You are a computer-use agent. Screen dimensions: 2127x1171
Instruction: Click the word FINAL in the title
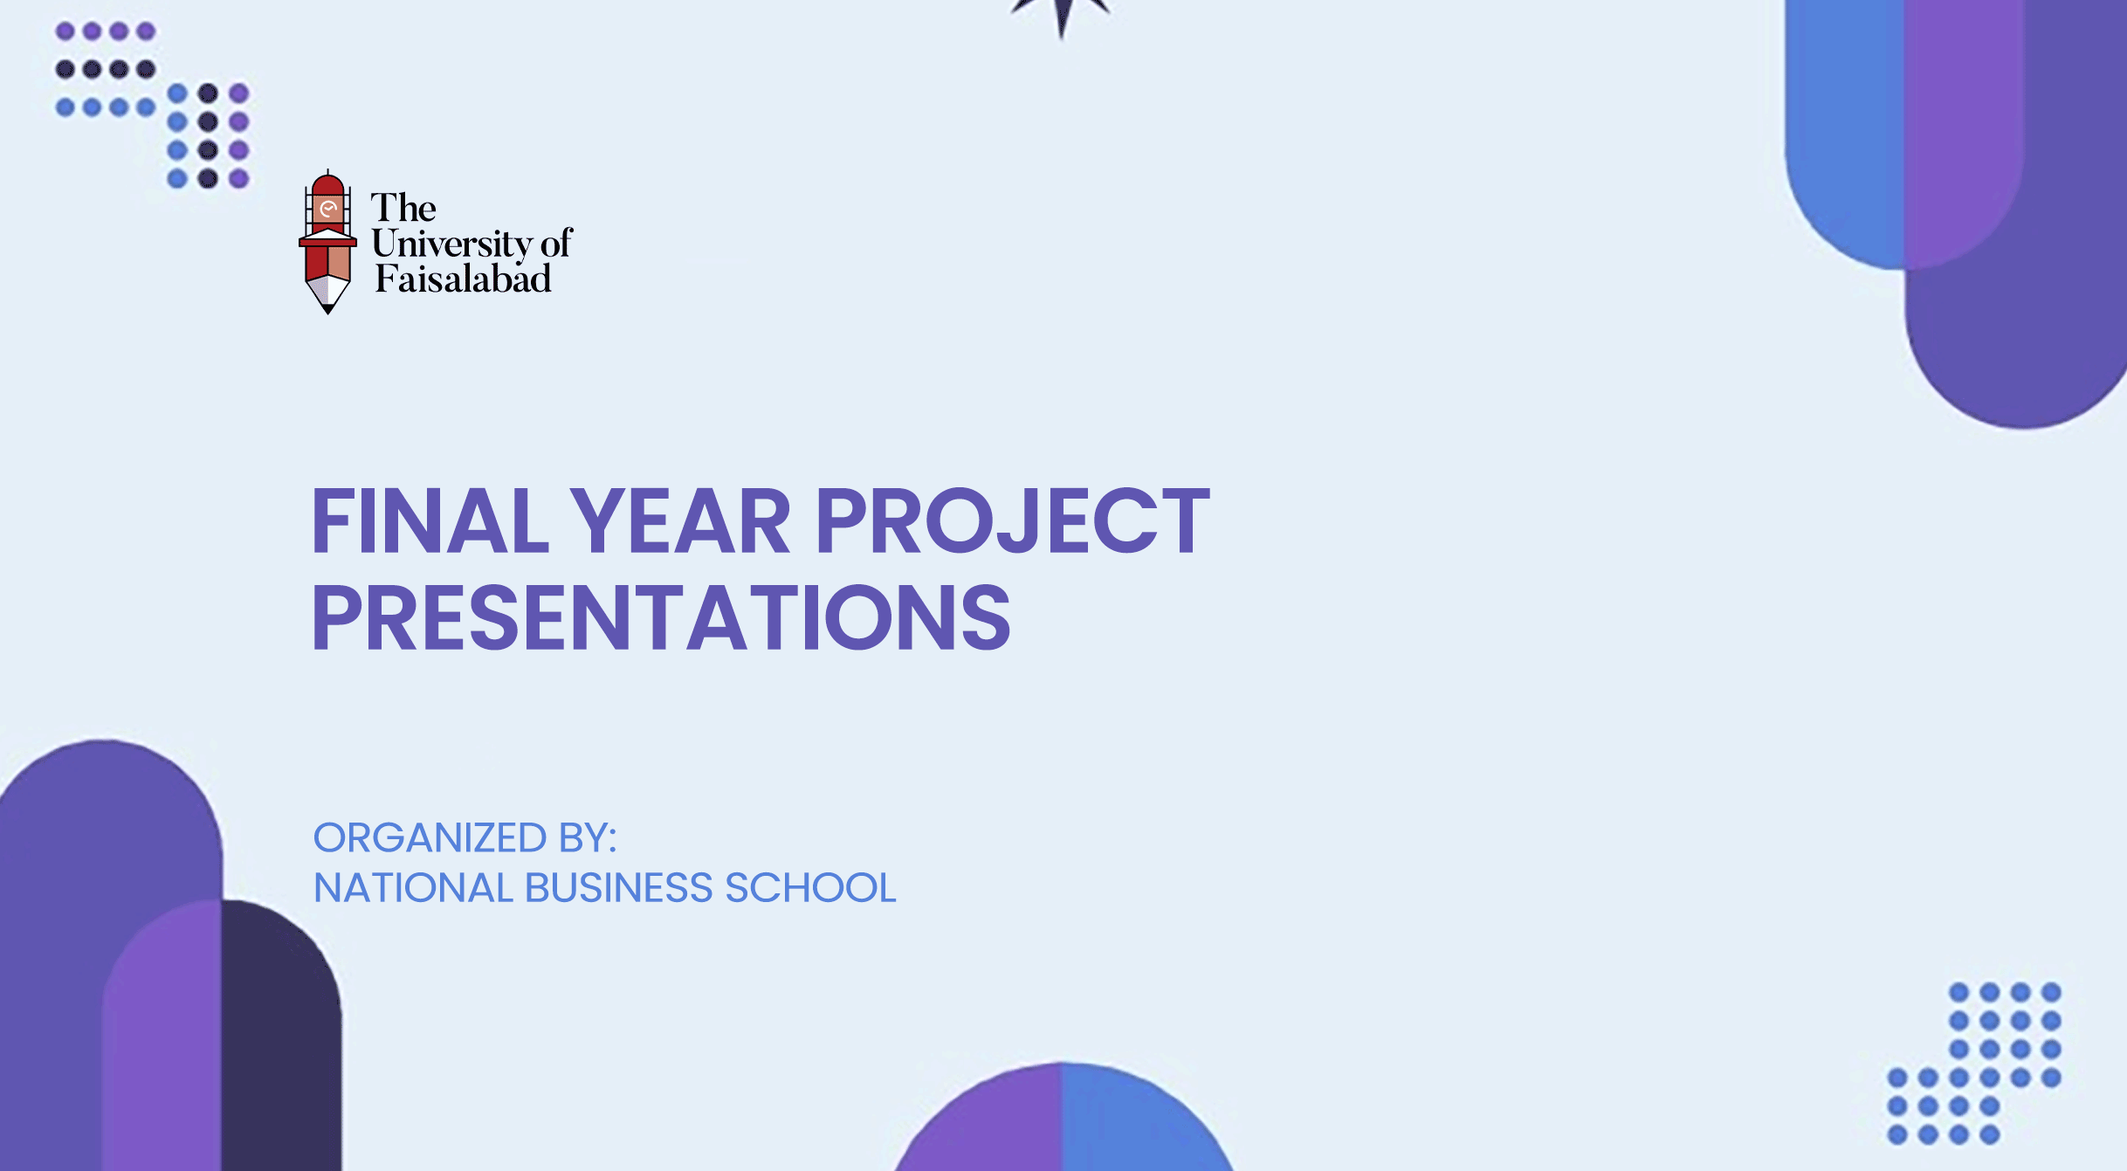pyautogui.click(x=430, y=521)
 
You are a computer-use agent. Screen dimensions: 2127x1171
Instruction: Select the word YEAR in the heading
pyautogui.click(x=680, y=521)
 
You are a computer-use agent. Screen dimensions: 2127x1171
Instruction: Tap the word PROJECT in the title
pyautogui.click(x=1013, y=521)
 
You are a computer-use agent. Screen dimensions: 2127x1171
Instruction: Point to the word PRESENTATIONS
pyautogui.click(x=661, y=617)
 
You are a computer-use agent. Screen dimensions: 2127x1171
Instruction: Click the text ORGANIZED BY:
pyautogui.click(x=465, y=838)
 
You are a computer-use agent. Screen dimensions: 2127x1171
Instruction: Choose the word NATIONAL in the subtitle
pyautogui.click(x=413, y=888)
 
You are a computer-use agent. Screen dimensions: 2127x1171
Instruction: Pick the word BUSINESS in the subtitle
pyautogui.click(x=619, y=888)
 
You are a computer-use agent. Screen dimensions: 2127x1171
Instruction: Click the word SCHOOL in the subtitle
pyautogui.click(x=811, y=888)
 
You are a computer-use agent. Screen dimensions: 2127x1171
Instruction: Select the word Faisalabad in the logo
pyautogui.click(x=464, y=279)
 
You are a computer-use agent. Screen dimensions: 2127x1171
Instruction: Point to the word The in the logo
pyautogui.click(x=403, y=208)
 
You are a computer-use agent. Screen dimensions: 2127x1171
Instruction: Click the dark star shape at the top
pyautogui.click(x=1062, y=12)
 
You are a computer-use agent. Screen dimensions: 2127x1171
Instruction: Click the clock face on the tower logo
pyautogui.click(x=328, y=209)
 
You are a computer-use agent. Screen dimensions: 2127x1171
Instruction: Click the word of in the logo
pyautogui.click(x=555, y=244)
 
